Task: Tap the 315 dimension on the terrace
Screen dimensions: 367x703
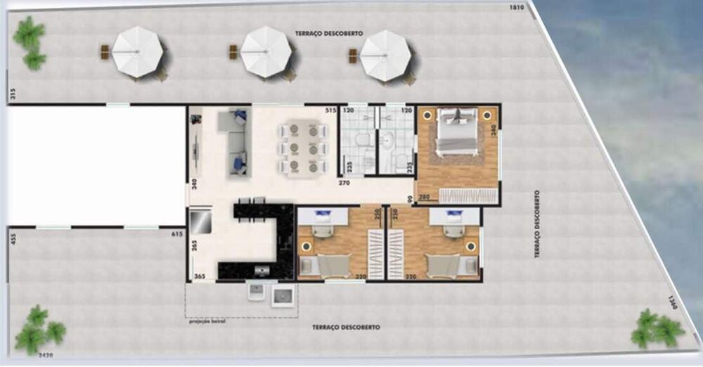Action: pyautogui.click(x=12, y=94)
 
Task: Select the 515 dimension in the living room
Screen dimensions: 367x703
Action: pyautogui.click(x=330, y=110)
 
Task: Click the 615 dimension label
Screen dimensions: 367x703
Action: pyautogui.click(x=177, y=234)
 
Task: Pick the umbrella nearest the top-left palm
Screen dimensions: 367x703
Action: pyautogui.click(x=138, y=52)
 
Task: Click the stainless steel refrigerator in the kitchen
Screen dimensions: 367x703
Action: pyautogui.click(x=200, y=220)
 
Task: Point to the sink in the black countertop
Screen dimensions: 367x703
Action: pyautogui.click(x=266, y=270)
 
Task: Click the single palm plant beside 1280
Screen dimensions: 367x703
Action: pyautogui.click(x=656, y=328)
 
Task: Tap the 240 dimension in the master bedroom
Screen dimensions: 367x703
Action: pyautogui.click(x=494, y=131)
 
